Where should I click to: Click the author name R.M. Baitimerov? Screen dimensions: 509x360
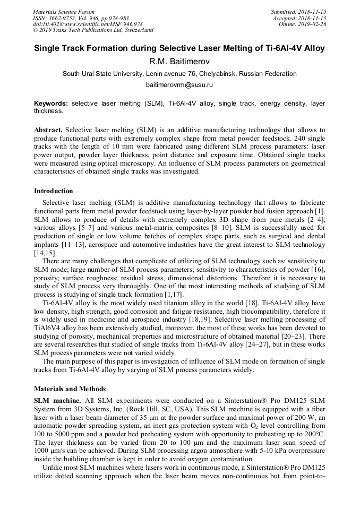coord(179,62)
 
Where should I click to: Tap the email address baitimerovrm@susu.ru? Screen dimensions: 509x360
coord(179,84)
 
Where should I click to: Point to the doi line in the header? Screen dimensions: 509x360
coord(88,24)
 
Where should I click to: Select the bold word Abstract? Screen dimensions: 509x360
coord(48,130)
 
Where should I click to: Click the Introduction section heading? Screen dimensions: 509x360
coord(54,191)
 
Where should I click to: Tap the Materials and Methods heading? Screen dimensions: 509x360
coord(70,389)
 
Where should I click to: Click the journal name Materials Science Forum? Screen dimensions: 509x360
coord(64,11)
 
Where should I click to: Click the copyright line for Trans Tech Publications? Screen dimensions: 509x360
coord(93,30)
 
